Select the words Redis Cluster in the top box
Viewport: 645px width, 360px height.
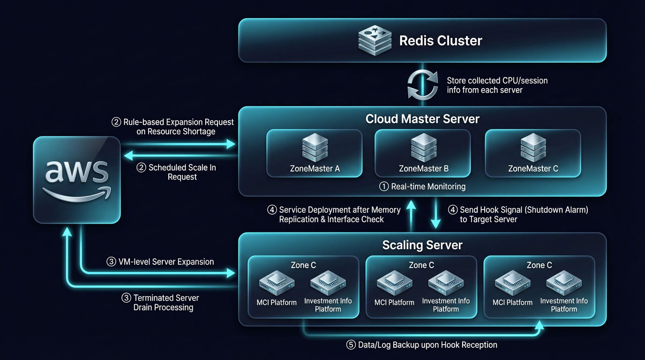pyautogui.click(x=440, y=40)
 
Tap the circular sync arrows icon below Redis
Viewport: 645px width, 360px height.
pyautogui.click(x=422, y=85)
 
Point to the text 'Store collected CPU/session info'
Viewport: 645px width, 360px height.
pyautogui.click(x=497, y=85)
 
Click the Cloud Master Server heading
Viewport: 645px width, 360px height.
pyautogui.click(x=422, y=119)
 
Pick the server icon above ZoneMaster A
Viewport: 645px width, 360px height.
pyautogui.click(x=315, y=147)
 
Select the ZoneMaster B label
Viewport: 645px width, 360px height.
pyautogui.click(x=423, y=168)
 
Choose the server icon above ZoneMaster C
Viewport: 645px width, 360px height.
pyautogui.click(x=533, y=147)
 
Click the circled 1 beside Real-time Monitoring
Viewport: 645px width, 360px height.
pyautogui.click(x=384, y=187)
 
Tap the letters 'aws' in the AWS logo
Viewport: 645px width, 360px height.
pyautogui.click(x=77, y=172)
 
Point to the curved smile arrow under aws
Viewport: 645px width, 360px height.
pyautogui.click(x=77, y=194)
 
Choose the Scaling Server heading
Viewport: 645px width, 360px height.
pyautogui.click(x=422, y=245)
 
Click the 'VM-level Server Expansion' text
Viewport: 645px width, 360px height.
pyautogui.click(x=166, y=262)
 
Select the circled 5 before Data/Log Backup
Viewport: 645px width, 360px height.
pyautogui.click(x=351, y=345)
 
